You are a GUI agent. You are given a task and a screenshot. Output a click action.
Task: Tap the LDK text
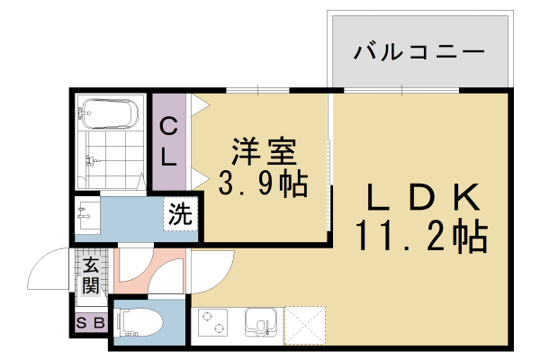[421, 197]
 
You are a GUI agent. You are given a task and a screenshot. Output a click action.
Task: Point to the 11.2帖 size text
[421, 236]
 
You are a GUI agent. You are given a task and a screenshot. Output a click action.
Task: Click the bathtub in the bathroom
[108, 114]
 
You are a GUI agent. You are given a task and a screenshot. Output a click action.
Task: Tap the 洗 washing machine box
[181, 215]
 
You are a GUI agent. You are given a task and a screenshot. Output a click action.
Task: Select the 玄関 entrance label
[91, 275]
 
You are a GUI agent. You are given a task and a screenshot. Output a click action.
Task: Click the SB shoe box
[90, 322]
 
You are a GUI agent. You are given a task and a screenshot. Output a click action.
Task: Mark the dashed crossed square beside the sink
[303, 324]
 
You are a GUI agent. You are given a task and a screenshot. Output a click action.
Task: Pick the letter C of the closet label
[168, 128]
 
